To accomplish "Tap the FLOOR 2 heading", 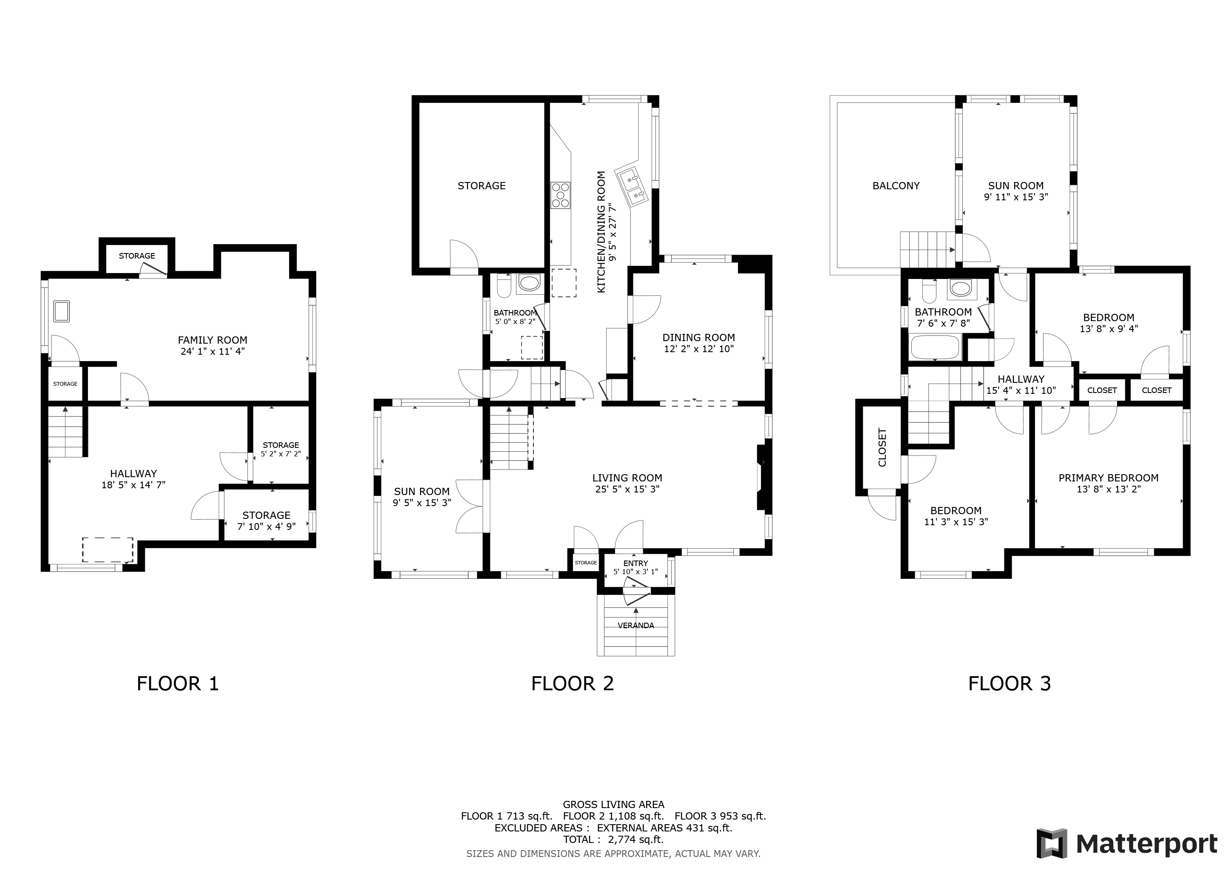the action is (x=572, y=684).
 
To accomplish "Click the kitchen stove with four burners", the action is (x=561, y=195).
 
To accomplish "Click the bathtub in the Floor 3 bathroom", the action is (x=935, y=347).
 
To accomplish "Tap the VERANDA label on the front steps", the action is (x=636, y=625).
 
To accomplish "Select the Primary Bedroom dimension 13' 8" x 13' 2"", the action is (x=1108, y=489).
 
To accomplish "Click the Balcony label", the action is (x=896, y=185).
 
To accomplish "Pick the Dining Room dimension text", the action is (x=699, y=349).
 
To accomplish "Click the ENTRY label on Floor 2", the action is (x=636, y=563).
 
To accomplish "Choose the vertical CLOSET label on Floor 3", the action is (x=882, y=447).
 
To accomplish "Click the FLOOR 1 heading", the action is (x=178, y=684).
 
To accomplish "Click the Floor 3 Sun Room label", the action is (x=1016, y=185).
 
